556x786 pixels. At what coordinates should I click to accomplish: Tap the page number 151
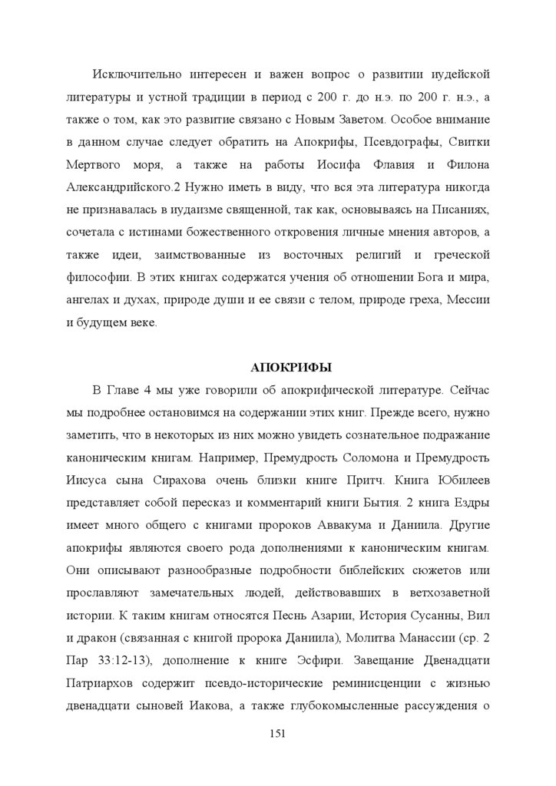[278, 734]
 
